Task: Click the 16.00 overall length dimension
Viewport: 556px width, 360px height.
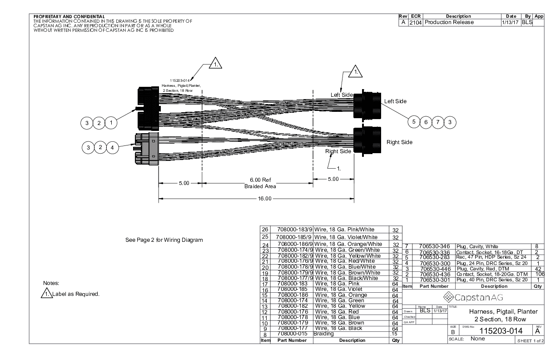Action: [x=265, y=199]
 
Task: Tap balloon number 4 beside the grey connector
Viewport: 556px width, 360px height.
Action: [x=113, y=147]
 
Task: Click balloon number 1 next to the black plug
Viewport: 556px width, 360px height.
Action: [x=111, y=122]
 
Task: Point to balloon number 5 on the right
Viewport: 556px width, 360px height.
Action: [x=414, y=121]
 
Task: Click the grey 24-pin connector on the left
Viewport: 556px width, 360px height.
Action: [x=146, y=149]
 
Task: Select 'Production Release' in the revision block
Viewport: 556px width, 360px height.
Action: [x=449, y=22]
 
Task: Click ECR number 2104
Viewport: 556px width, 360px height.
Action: [x=416, y=22]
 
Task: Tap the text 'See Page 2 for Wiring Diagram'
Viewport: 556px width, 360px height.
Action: [x=164, y=240]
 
